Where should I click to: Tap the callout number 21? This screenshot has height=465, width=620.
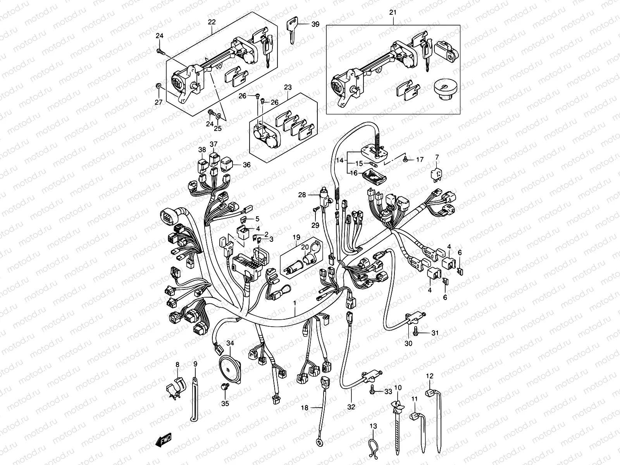(393, 13)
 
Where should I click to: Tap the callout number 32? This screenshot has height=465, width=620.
(351, 407)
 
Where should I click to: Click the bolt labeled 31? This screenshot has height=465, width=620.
(416, 332)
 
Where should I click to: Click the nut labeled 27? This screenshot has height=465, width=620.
(158, 85)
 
